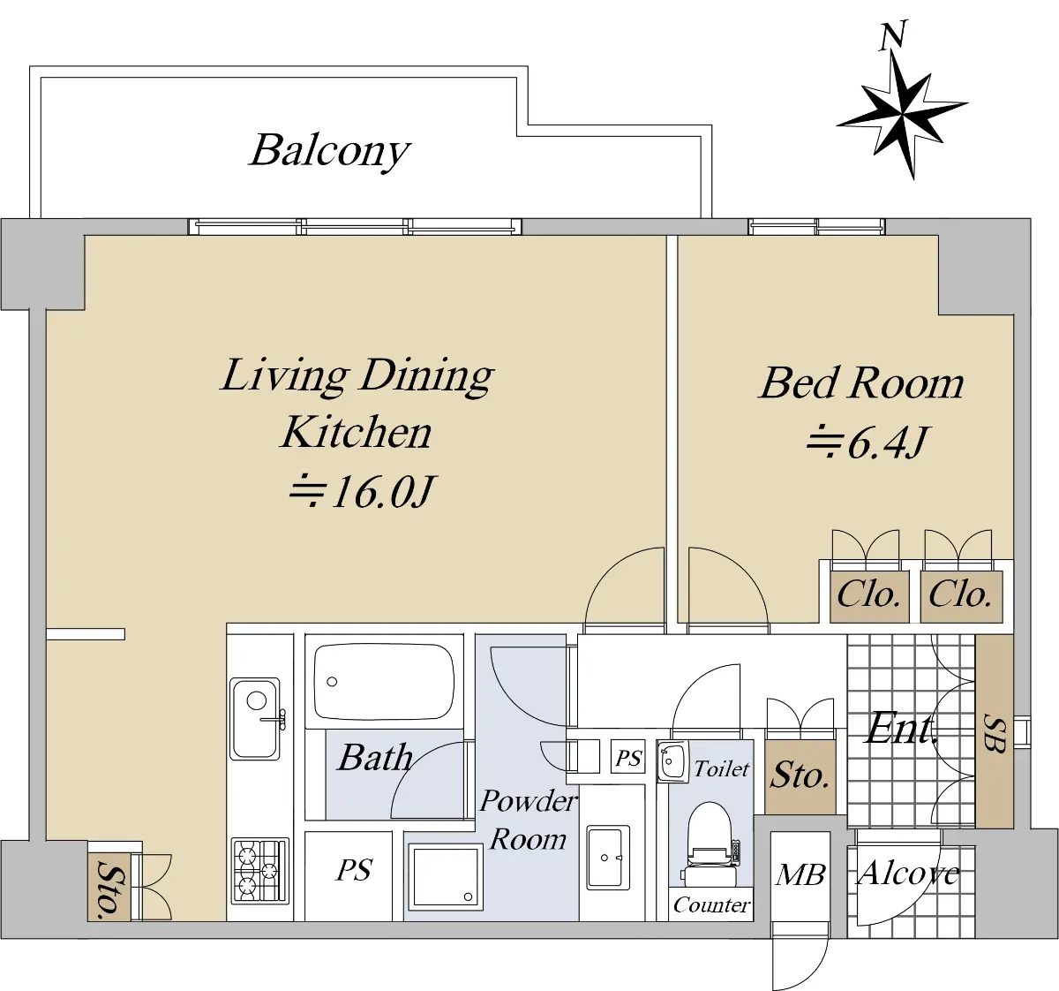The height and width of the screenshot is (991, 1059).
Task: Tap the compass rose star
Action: [x=902, y=116]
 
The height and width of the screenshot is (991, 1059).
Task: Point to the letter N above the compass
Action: [x=892, y=36]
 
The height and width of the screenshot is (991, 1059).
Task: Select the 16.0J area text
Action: [x=362, y=491]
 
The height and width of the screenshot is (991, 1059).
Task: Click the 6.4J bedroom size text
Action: [x=868, y=443]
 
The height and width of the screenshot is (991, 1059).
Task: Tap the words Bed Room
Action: [x=861, y=382]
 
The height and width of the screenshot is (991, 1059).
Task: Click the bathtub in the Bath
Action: [x=384, y=683]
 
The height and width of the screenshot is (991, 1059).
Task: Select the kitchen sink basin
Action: [x=255, y=719]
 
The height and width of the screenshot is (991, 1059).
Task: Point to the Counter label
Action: [x=711, y=904]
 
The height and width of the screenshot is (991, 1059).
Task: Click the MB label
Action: [x=800, y=875]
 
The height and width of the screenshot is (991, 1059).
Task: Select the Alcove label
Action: [x=908, y=874]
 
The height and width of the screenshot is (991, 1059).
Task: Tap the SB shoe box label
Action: [x=995, y=733]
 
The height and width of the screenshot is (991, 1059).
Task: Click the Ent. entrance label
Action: [x=902, y=729]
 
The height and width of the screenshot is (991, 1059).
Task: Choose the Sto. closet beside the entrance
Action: [x=800, y=776]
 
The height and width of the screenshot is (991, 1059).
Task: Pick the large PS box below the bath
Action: [x=349, y=876]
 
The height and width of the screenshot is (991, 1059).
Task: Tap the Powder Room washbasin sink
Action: [x=608, y=858]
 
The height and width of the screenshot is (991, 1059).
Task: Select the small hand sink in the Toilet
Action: [x=672, y=761]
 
